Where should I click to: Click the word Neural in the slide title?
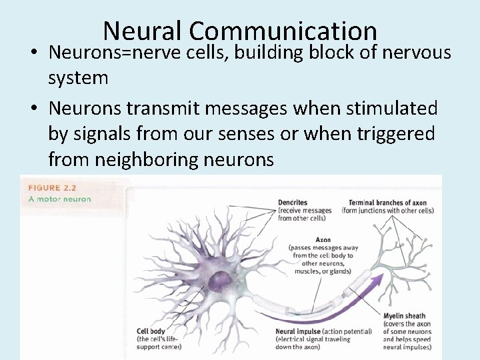tap(143, 31)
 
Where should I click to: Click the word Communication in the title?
tap(283, 31)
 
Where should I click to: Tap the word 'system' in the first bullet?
tap(78, 78)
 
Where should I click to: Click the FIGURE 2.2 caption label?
tap(54, 188)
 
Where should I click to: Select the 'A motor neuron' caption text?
tap(59, 199)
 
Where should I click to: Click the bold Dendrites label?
tap(293, 202)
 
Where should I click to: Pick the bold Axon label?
tap(323, 239)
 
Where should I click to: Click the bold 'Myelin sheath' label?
tap(404, 316)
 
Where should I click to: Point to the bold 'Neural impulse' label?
tap(297, 331)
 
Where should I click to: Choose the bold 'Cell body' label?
tap(151, 331)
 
